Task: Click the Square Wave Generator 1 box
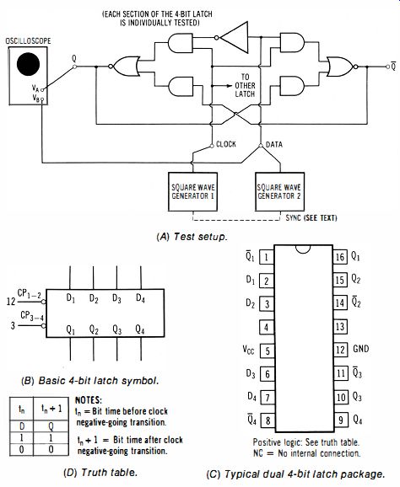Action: pos(192,191)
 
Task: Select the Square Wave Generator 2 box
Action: pos(279,191)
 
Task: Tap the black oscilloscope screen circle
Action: pos(29,64)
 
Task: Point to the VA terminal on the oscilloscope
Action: pos(42,90)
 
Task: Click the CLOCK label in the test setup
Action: pos(226,144)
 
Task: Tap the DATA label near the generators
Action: pos(274,144)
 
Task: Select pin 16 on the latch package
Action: pos(340,257)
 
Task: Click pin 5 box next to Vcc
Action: pos(267,351)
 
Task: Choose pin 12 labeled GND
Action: pos(340,350)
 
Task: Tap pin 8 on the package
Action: pos(268,420)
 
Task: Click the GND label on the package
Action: pos(361,349)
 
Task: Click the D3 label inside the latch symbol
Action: pos(116,298)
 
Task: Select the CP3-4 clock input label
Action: pos(32,316)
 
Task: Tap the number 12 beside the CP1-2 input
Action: pos(11,302)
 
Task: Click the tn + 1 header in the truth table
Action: pos(51,409)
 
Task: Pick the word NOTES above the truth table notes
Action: pos(89,400)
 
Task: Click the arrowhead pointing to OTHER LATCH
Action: pos(230,86)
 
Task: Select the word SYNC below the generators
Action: pos(294,217)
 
